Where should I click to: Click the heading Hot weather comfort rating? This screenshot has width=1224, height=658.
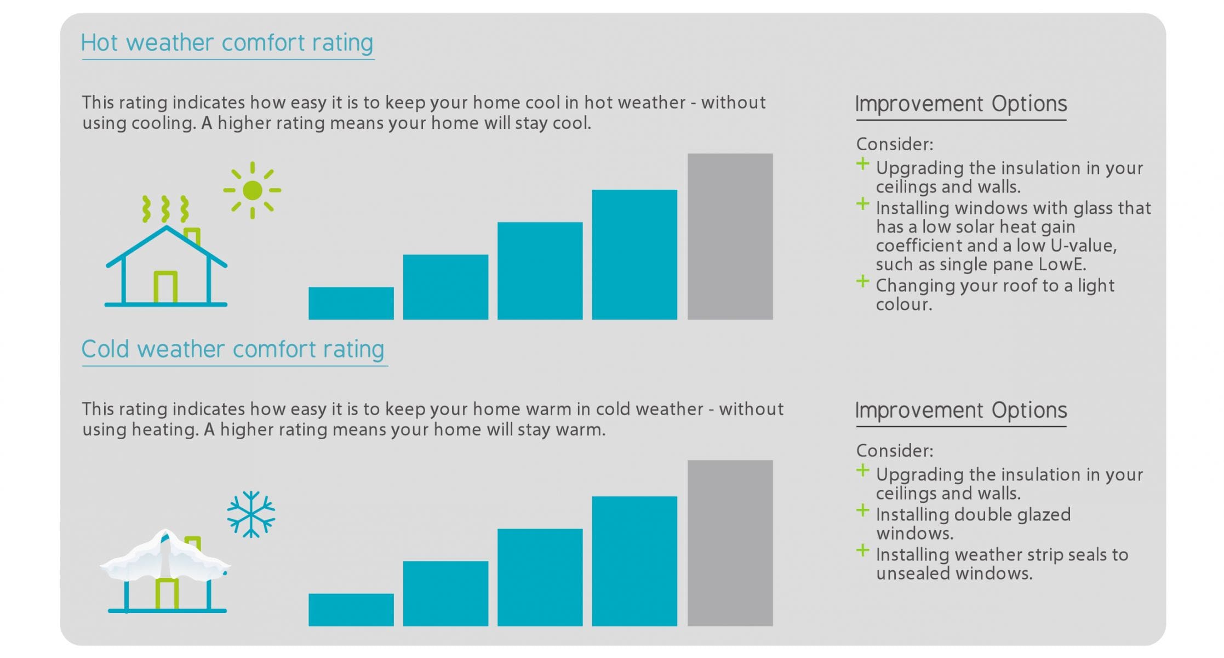pos(227,43)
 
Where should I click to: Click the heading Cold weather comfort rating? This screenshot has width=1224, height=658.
pos(233,349)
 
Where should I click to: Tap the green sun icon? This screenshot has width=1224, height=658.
pos(252,190)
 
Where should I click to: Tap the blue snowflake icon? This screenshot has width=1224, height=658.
pos(251,514)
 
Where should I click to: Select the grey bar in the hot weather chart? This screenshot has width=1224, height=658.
pos(730,236)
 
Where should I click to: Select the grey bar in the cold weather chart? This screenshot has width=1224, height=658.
pos(730,543)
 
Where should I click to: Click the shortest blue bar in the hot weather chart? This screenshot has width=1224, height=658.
pos(351,303)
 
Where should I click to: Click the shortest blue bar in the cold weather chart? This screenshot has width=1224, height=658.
pos(351,610)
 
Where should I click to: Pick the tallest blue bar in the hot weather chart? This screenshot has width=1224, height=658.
pos(634,254)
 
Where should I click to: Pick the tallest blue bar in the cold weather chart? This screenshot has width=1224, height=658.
pos(634,561)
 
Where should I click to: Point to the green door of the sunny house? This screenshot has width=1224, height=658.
pos(165,287)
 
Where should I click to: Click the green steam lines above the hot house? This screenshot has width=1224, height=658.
pos(165,209)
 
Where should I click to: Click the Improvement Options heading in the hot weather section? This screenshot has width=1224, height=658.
pos(960,104)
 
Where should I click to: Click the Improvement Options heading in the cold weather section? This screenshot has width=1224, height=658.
pos(960,411)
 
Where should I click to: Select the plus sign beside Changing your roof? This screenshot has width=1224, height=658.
pos(862,282)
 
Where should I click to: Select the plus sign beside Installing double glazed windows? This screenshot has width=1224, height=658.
pos(862,511)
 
